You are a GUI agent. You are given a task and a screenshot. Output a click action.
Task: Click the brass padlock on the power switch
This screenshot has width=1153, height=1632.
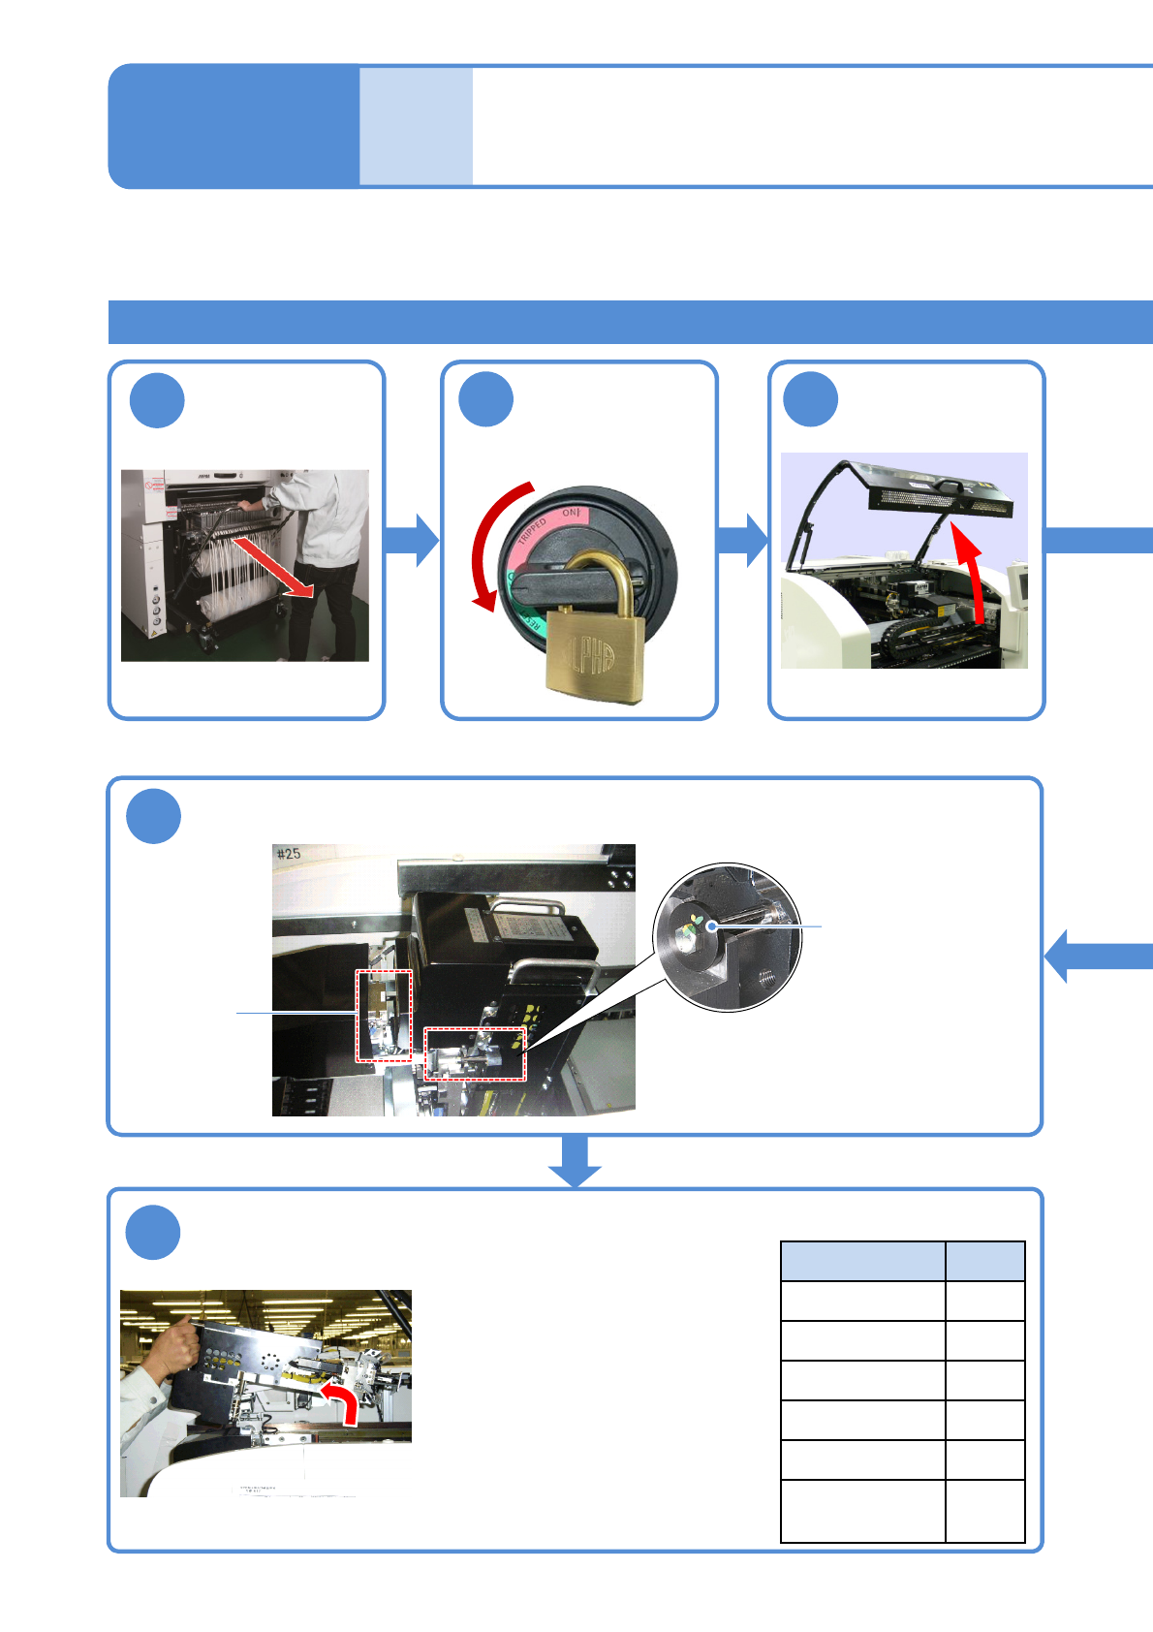pyautogui.click(x=592, y=647)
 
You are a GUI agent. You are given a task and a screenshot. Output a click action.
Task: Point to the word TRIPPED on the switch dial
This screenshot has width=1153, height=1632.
pyautogui.click(x=532, y=531)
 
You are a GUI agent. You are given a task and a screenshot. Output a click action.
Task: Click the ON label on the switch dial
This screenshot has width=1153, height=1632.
pyautogui.click(x=570, y=513)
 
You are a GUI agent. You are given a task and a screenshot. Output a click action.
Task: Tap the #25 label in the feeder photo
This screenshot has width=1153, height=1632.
pyautogui.click(x=289, y=854)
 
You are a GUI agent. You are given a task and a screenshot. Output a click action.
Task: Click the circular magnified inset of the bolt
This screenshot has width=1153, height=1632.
pyautogui.click(x=727, y=937)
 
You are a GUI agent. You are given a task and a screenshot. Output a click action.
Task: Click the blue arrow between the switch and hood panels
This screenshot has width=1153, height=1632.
pyautogui.click(x=743, y=540)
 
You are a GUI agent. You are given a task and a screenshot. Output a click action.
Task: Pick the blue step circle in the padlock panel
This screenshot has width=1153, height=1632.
pyautogui.click(x=485, y=399)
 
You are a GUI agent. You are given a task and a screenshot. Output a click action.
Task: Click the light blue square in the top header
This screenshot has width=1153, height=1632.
pyautogui.click(x=416, y=126)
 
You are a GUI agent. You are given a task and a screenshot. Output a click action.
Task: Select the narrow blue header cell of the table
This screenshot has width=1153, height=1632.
pyautogui.click(x=984, y=1261)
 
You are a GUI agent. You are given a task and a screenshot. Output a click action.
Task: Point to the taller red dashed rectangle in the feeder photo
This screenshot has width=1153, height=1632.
pyautogui.click(x=384, y=1016)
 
